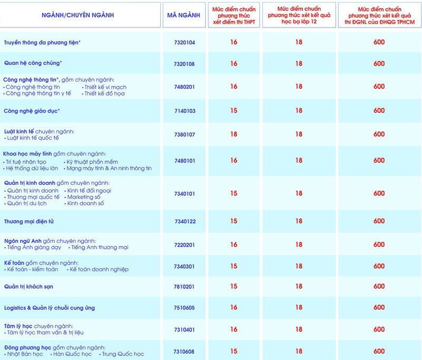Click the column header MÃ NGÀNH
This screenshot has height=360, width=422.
(183, 15)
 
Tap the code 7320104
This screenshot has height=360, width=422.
(184, 42)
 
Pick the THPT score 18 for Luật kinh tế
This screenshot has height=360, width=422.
(234, 134)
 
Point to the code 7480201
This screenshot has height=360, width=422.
(184, 87)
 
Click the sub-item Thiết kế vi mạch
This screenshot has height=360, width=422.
(105, 87)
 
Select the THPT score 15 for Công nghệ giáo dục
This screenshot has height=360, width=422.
(234, 110)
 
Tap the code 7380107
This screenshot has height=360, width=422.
(184, 135)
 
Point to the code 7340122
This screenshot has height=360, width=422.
(185, 222)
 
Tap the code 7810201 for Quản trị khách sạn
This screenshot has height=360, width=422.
(184, 287)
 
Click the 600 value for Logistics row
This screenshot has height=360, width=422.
(379, 307)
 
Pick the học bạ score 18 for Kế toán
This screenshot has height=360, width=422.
(299, 266)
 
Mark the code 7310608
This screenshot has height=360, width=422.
(184, 352)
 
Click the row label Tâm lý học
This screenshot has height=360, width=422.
(21, 326)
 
